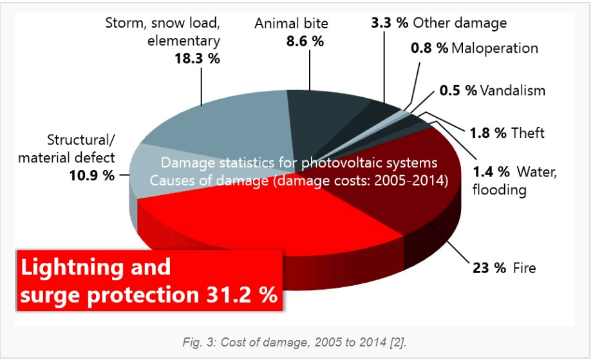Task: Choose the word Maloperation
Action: [494, 48]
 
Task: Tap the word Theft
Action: [527, 133]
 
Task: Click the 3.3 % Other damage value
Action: [390, 23]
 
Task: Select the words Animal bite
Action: [291, 24]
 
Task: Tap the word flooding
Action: [499, 190]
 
